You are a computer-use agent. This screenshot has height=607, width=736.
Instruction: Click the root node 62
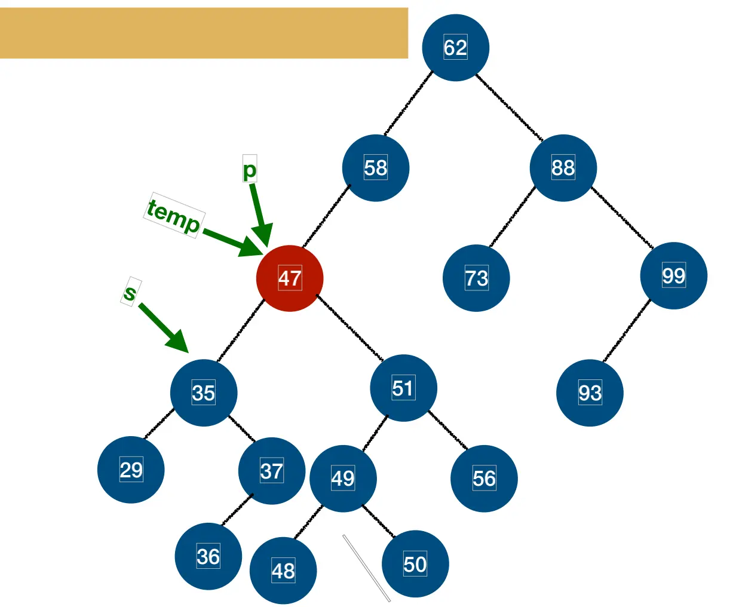[455, 48]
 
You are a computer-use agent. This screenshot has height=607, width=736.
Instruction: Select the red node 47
[290, 278]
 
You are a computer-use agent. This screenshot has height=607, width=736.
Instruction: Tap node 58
[376, 168]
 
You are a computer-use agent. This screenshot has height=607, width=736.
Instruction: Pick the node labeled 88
[563, 168]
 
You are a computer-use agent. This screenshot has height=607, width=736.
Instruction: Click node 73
[476, 278]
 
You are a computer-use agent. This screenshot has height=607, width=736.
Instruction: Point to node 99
[673, 275]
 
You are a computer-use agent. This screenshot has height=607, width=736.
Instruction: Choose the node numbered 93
[590, 393]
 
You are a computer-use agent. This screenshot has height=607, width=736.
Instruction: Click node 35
[204, 393]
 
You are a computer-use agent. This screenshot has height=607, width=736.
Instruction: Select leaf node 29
[131, 470]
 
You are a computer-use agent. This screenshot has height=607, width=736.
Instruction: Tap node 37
[271, 471]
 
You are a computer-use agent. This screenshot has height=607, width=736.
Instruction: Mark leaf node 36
[208, 556]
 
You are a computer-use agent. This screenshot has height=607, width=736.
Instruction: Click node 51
[403, 388]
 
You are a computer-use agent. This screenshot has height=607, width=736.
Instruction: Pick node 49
[343, 479]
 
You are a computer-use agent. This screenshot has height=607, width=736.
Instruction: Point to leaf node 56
[484, 479]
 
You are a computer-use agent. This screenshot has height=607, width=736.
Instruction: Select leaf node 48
[283, 571]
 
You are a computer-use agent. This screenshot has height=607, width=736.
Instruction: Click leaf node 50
[415, 564]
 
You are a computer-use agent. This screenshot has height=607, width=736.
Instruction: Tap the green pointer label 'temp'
[174, 216]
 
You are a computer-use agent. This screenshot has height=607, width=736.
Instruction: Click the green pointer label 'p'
[249, 169]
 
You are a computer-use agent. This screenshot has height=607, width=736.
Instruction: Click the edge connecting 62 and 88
[509, 108]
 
